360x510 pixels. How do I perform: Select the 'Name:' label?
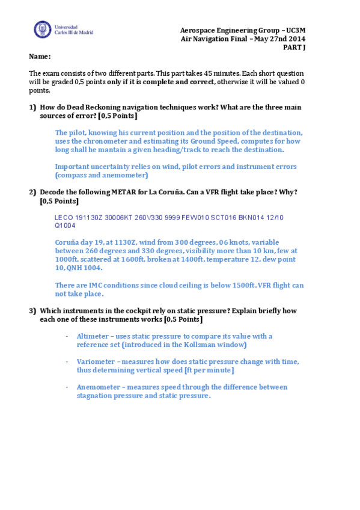tap(40, 57)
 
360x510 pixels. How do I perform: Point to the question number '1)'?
tap(33, 107)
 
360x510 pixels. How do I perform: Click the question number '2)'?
tap(33, 192)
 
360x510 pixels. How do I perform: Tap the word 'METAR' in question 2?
tap(124, 192)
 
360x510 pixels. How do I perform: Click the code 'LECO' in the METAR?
tap(63, 217)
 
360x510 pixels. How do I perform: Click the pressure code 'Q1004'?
tap(65, 226)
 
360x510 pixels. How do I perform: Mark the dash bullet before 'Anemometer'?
tap(67, 387)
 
